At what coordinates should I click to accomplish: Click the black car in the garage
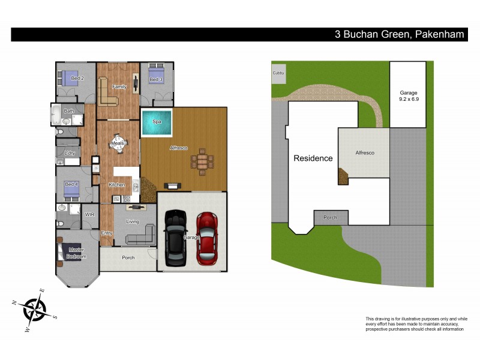click(176, 238)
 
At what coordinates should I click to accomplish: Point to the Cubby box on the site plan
click(278, 73)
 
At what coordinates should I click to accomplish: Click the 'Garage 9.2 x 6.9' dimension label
click(409, 95)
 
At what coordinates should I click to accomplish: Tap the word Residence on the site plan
click(313, 158)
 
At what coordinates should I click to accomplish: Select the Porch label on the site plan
click(329, 218)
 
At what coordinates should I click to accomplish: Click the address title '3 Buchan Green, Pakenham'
click(399, 35)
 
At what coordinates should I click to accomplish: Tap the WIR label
click(90, 214)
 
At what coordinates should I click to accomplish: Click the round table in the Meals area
click(118, 143)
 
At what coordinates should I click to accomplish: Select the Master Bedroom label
click(77, 253)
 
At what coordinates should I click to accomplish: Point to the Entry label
click(107, 233)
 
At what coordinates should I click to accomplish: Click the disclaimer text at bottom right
click(416, 323)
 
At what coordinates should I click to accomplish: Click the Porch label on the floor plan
click(128, 258)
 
